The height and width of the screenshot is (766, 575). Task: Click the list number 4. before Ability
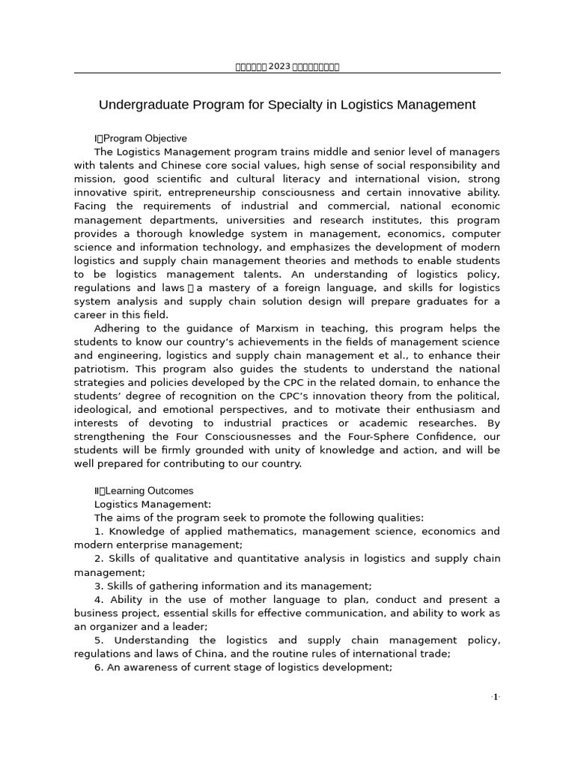[99, 599]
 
